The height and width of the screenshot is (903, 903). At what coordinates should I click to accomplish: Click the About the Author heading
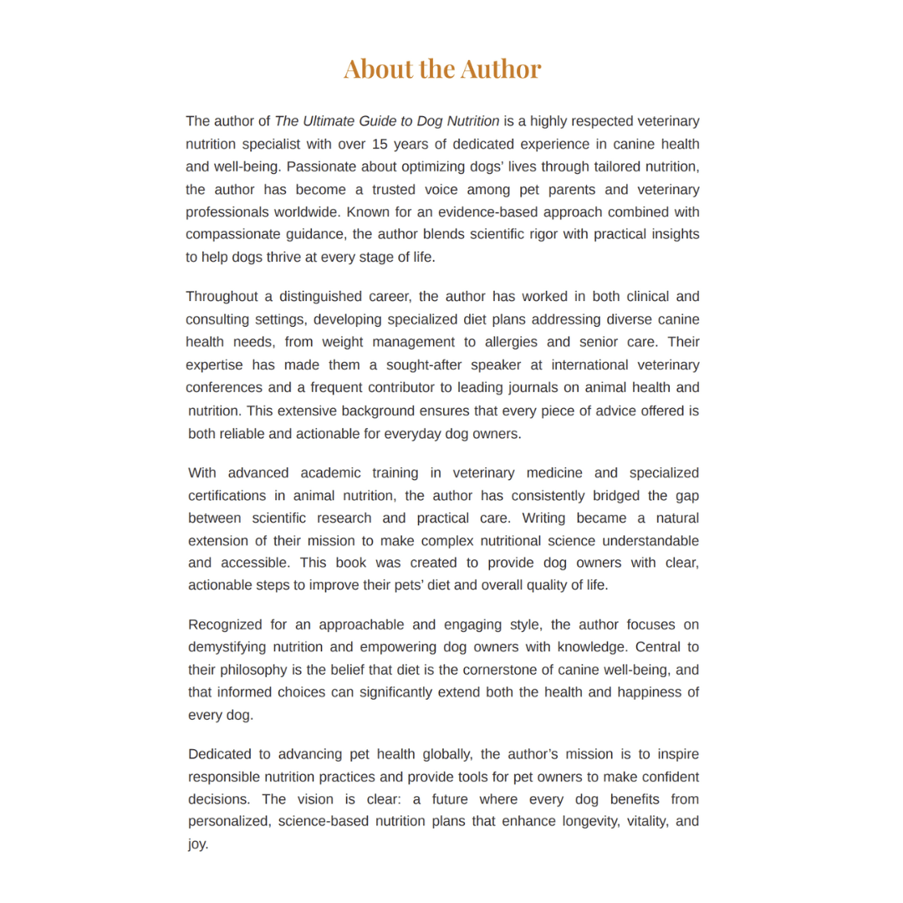tap(442, 69)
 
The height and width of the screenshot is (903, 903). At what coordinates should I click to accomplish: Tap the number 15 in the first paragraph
tap(372, 144)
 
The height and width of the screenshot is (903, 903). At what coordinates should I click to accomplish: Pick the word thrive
tap(268, 257)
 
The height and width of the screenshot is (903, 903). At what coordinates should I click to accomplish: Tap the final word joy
tap(196, 844)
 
